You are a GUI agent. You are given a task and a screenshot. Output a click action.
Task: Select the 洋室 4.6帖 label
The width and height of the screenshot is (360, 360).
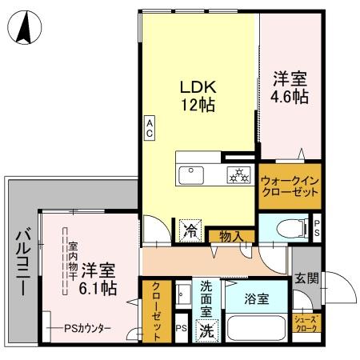pyautogui.click(x=290, y=86)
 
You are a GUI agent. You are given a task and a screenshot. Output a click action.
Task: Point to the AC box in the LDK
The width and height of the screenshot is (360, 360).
pyautogui.click(x=149, y=127)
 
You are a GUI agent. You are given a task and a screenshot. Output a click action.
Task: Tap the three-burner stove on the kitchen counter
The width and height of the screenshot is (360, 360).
pyautogui.click(x=237, y=172)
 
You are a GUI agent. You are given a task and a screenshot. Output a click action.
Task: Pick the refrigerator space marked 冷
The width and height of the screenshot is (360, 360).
pyautogui.click(x=190, y=229)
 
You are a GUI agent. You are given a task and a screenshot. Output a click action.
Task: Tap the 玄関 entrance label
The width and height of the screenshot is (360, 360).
pyautogui.click(x=306, y=279)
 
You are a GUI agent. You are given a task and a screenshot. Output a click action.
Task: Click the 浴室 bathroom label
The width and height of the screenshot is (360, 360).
pyautogui.click(x=258, y=297)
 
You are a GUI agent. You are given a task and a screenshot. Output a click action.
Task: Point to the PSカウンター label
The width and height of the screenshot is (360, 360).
pyautogui.click(x=87, y=329)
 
